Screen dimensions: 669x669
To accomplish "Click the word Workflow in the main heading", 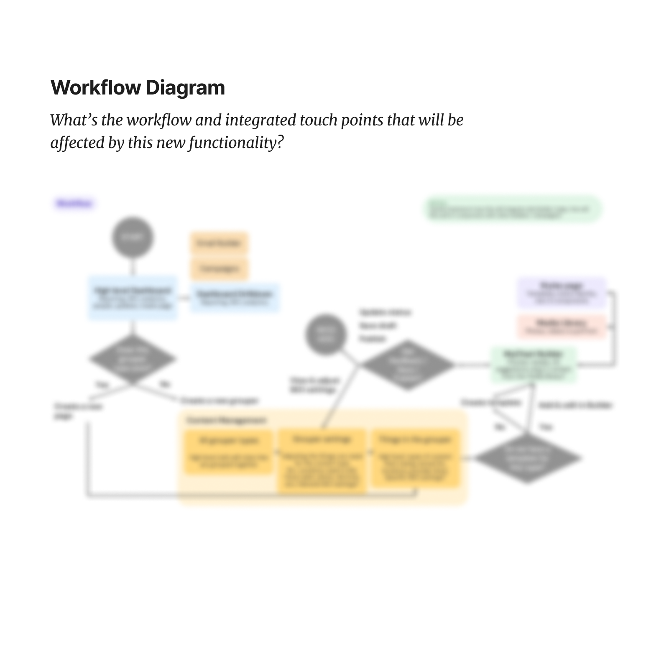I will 96,88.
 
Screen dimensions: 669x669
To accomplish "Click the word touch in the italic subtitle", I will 319,120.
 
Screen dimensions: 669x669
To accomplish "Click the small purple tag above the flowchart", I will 74,204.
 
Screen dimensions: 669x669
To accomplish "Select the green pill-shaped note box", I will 513,209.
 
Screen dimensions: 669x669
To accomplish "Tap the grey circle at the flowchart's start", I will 133,237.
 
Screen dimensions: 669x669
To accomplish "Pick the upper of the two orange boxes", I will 219,243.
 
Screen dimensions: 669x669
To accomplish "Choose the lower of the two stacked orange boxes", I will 219,268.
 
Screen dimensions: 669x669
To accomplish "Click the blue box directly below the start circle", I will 133,298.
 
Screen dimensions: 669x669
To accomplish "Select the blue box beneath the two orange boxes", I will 235,297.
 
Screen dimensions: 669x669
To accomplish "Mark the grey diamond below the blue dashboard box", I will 133,359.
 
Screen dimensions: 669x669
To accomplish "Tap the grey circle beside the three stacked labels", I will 326,334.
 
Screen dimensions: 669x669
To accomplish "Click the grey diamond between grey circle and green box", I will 408,365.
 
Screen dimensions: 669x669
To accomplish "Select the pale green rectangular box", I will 534,365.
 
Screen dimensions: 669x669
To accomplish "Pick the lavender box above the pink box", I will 562,292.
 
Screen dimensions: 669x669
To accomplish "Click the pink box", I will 562,326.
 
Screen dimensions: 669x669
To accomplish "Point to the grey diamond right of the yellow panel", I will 527,458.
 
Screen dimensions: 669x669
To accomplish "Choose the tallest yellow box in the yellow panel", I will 322,460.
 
